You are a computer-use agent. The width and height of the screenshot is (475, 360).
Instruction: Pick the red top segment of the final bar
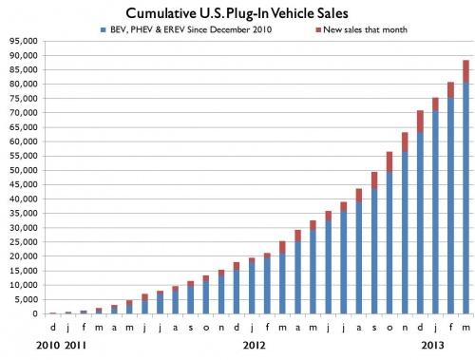pyautogui.click(x=466, y=72)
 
